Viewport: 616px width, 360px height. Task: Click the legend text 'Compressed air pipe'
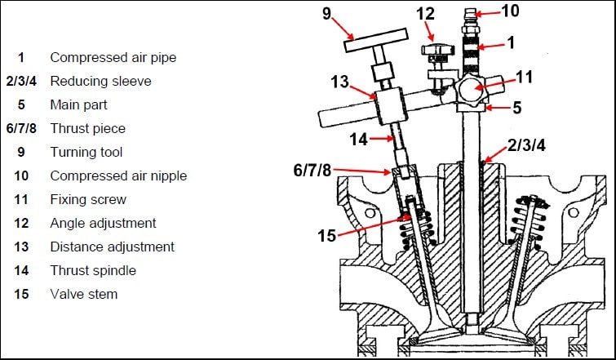tap(113, 58)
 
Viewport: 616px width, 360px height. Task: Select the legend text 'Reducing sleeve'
tap(100, 82)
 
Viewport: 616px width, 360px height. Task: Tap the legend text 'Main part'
tap(78, 105)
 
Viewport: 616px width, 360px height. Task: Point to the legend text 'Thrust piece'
tap(87, 129)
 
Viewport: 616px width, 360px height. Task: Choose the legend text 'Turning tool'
tap(86, 153)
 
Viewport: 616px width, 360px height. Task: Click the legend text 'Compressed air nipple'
tap(118, 176)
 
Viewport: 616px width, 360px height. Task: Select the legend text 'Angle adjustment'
tap(103, 223)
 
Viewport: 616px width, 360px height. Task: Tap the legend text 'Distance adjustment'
tap(112, 247)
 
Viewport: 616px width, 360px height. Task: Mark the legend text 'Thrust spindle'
tap(93, 270)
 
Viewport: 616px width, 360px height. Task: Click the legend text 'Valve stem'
tap(83, 294)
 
